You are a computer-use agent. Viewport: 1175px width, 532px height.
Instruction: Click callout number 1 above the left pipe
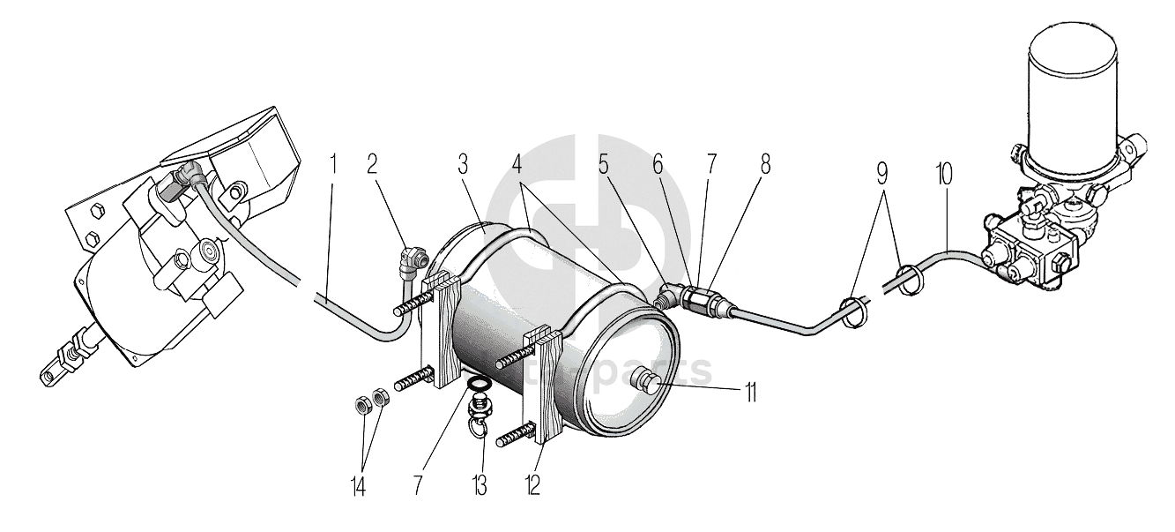coord(333,164)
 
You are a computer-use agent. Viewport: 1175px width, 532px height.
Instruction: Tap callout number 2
coord(372,164)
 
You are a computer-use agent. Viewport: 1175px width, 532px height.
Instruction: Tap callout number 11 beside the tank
coord(750,391)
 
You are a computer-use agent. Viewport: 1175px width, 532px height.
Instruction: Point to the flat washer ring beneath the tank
coord(477,386)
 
